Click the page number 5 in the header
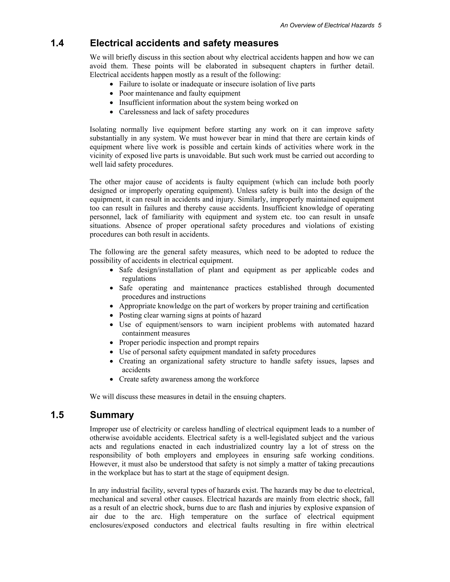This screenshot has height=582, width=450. [380, 25]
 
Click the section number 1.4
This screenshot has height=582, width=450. [57, 43]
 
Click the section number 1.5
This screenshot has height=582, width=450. [57, 415]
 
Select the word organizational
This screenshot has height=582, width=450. [182, 361]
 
